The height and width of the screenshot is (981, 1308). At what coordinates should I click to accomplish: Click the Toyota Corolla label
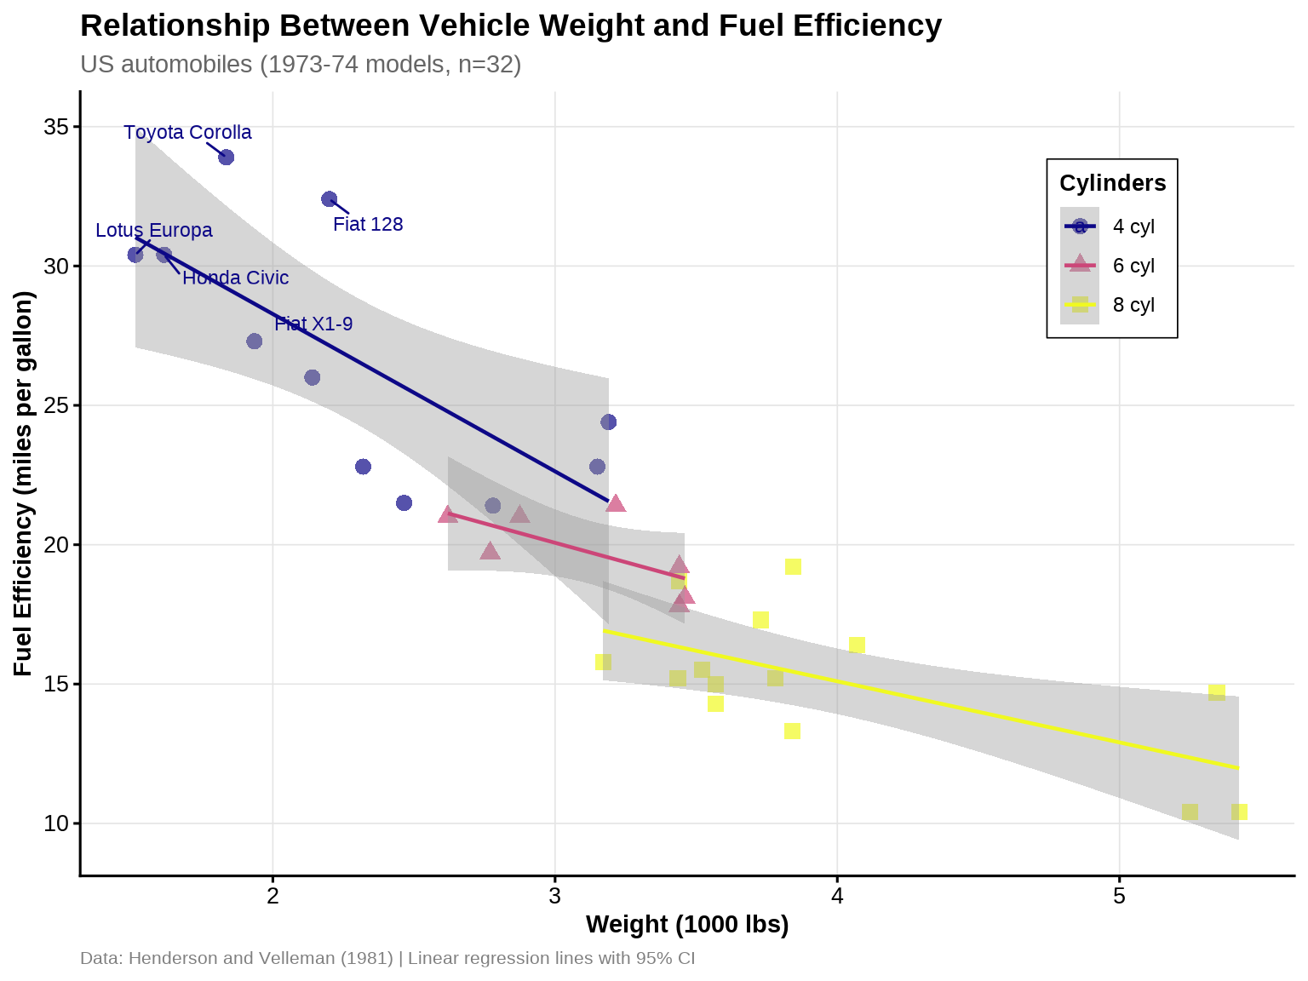(x=187, y=133)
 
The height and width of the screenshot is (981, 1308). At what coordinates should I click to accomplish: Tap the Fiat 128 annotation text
(x=368, y=225)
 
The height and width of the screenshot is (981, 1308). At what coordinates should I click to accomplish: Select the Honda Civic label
(x=236, y=278)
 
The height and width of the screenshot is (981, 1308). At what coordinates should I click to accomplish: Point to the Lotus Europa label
(x=154, y=231)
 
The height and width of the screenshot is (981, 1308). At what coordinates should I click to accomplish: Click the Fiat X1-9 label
(x=313, y=324)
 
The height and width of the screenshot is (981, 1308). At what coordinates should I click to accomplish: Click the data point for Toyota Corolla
(x=227, y=158)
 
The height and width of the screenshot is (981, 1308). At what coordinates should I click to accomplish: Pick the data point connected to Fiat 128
(x=330, y=199)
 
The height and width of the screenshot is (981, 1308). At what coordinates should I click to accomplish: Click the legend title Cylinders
(x=1112, y=183)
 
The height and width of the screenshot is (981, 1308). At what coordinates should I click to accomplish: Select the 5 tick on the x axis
(x=1120, y=896)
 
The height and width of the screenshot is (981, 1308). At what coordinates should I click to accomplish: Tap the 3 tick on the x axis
(x=555, y=896)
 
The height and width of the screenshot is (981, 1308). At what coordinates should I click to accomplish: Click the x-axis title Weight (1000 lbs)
(x=687, y=925)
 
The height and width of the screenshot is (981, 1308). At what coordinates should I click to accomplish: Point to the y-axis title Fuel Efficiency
(x=24, y=484)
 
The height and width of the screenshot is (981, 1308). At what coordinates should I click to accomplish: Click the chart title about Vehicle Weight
(x=511, y=26)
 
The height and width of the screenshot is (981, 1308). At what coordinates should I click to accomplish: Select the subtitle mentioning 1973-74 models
(x=301, y=65)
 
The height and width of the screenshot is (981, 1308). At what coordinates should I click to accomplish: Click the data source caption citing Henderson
(x=387, y=958)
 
